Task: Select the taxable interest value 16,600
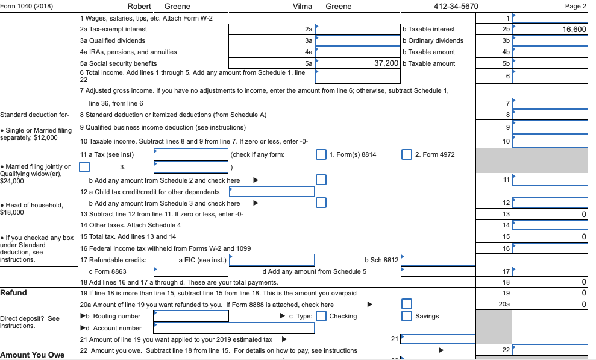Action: tap(573, 29)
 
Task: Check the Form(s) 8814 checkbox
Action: tap(322, 154)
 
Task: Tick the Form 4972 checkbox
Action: tap(407, 154)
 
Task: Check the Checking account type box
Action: tap(322, 316)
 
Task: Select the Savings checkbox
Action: tap(407, 316)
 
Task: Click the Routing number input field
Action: tap(191, 316)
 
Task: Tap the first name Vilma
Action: tap(302, 7)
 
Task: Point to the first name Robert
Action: tap(139, 7)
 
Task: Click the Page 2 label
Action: tap(576, 7)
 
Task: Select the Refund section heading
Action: tap(13, 293)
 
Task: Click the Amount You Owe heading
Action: tap(33, 355)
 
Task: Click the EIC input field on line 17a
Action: tap(272, 260)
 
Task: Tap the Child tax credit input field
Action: tap(272, 192)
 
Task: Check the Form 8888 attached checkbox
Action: tap(407, 305)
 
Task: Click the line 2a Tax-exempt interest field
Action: tap(357, 29)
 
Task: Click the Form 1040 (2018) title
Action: tap(27, 7)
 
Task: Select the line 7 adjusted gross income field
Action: tap(550, 103)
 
